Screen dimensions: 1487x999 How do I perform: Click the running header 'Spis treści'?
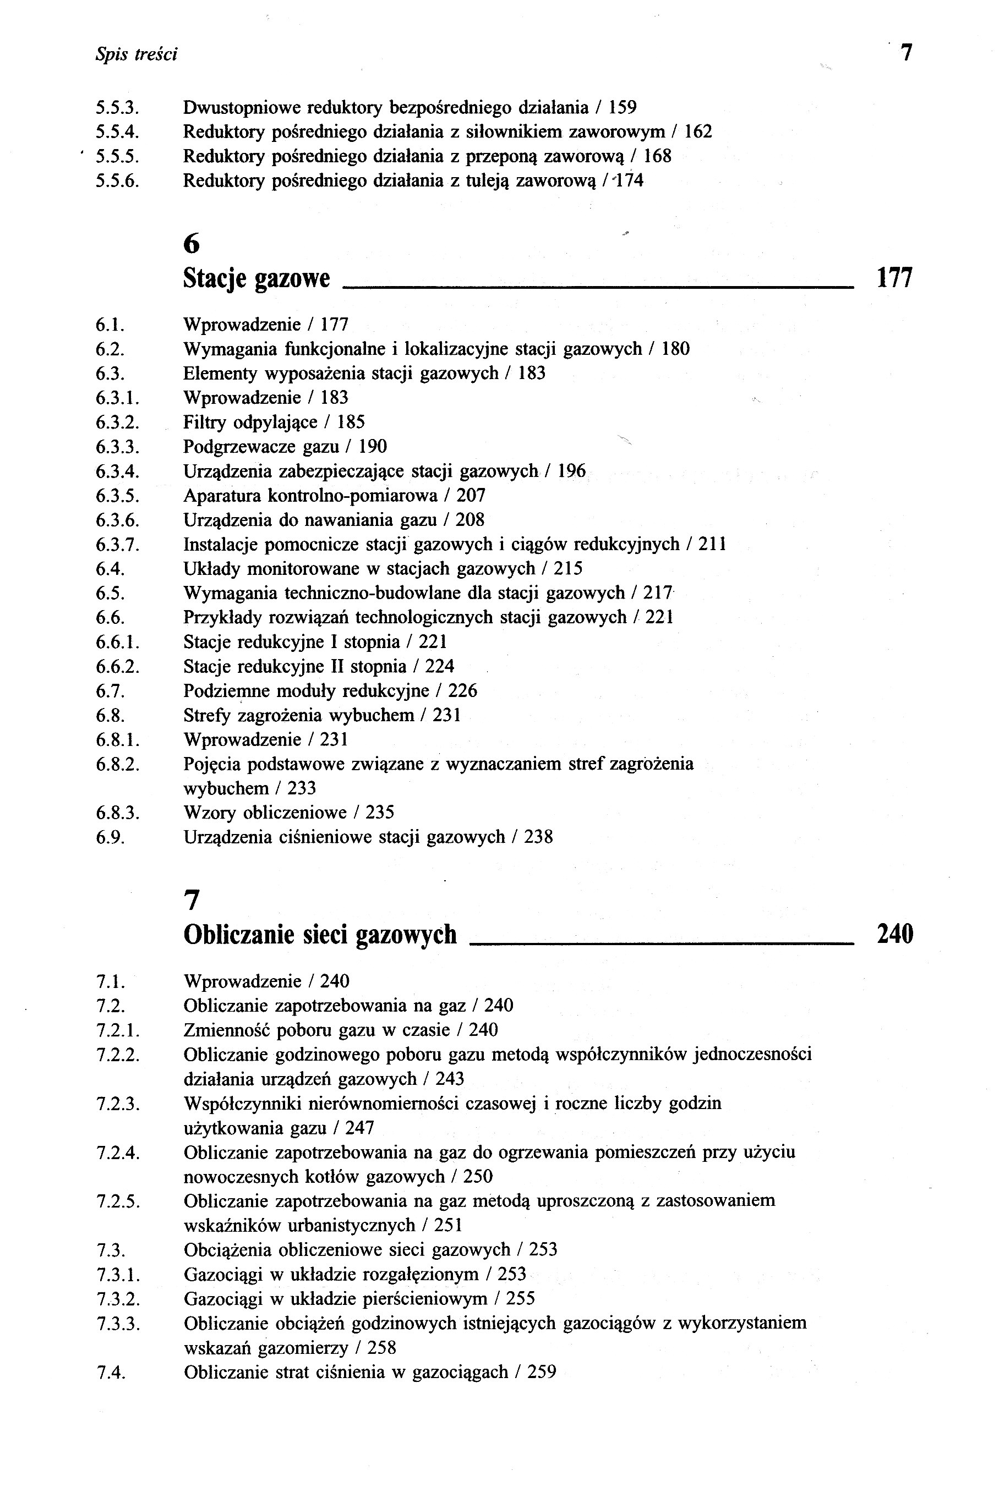pos(136,55)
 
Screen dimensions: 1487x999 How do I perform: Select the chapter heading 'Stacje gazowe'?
pos(256,278)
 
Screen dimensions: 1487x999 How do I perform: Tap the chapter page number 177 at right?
pos(894,278)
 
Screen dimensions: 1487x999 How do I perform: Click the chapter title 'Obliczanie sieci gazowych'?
pos(320,934)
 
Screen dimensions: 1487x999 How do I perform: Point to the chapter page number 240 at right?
pos(894,934)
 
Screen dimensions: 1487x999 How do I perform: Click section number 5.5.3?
pos(117,108)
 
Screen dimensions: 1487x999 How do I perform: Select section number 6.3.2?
pos(117,422)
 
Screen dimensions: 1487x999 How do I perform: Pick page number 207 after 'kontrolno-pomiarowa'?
pos(471,496)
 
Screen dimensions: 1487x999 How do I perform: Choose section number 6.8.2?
pos(117,764)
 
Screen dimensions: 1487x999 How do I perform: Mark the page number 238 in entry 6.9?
pos(538,837)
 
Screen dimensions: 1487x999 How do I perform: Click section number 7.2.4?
pos(117,1152)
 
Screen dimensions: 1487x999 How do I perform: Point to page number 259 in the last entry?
pos(542,1371)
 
